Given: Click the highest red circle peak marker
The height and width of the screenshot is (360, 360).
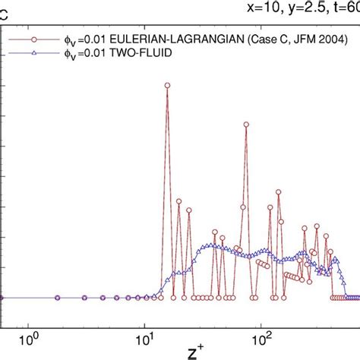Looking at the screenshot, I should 167,86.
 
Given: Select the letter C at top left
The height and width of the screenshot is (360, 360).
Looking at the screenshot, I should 5,9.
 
